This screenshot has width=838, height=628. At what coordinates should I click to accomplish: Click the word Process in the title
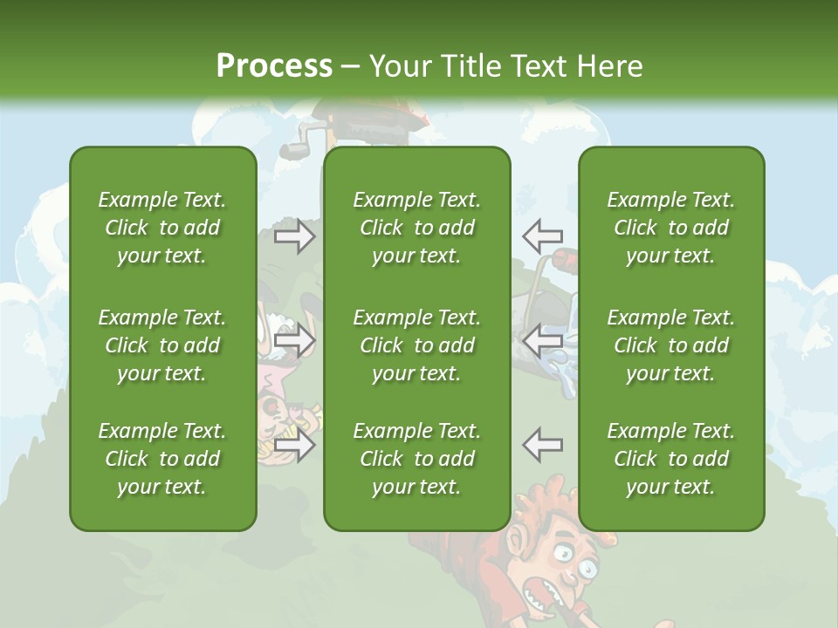(x=274, y=66)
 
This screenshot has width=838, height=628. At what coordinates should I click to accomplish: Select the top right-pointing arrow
(x=295, y=236)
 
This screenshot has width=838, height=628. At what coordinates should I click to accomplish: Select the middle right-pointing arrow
(x=295, y=340)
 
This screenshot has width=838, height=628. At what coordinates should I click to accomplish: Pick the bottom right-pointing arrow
(x=295, y=445)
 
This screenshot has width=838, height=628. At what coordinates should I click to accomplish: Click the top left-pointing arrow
(x=542, y=235)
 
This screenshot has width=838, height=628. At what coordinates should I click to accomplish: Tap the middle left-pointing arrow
(x=542, y=340)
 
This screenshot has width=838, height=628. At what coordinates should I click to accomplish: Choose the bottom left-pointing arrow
(x=542, y=445)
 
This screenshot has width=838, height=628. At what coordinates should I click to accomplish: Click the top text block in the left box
(x=162, y=228)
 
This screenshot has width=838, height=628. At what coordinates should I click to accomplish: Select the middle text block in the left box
(x=162, y=345)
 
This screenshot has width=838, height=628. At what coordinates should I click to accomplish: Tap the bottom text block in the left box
(x=162, y=459)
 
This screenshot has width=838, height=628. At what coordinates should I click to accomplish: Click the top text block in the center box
(x=416, y=228)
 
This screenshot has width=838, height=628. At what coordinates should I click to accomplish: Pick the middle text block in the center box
(x=416, y=345)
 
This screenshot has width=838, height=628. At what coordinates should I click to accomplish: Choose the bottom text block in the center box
(x=416, y=459)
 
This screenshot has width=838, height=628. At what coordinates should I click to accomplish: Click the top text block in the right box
(x=670, y=228)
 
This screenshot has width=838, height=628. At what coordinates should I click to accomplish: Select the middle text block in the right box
(x=670, y=345)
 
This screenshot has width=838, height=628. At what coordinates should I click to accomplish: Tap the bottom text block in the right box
(x=670, y=459)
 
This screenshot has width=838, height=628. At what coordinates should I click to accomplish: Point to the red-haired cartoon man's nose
(x=569, y=579)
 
